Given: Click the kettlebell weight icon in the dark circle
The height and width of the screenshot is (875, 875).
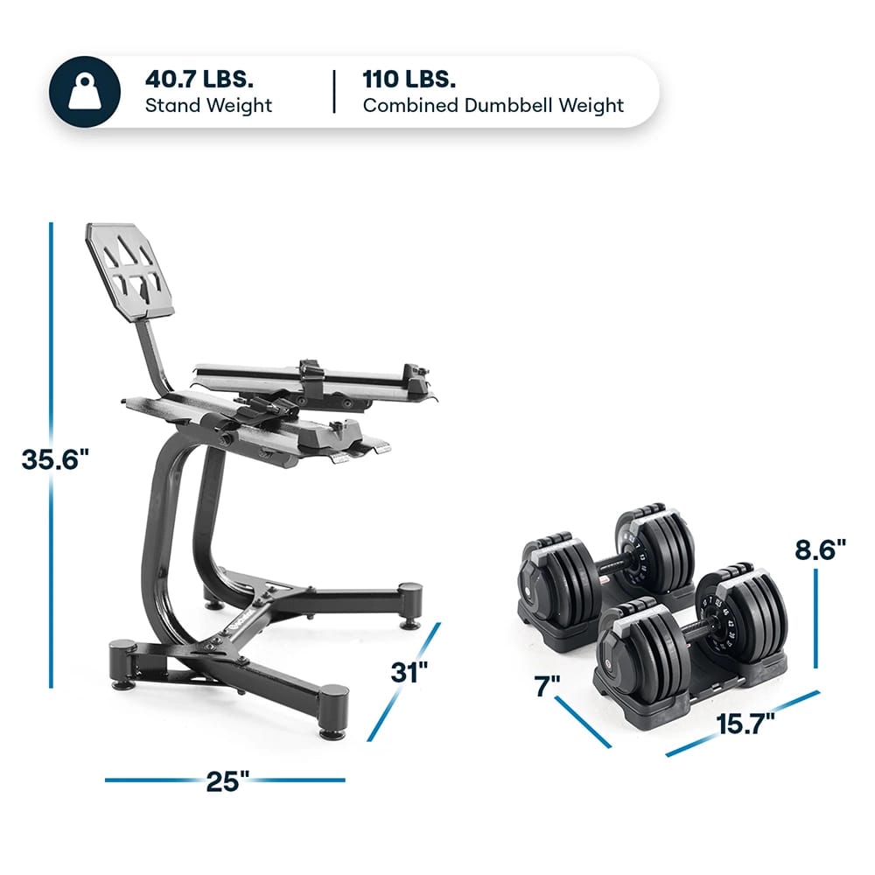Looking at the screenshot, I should click(85, 91).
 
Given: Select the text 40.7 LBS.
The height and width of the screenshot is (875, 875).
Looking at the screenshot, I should click(199, 78).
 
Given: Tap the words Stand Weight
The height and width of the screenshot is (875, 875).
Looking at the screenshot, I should click(208, 106).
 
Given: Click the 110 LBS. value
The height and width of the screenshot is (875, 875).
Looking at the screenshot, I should click(409, 78).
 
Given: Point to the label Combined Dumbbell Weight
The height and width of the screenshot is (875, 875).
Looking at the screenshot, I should click(493, 106).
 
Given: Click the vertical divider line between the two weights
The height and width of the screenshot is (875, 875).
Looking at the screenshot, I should click(333, 91).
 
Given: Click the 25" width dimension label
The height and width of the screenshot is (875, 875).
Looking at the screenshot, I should click(225, 780).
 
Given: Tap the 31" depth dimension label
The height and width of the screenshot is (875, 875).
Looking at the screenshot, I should click(409, 674).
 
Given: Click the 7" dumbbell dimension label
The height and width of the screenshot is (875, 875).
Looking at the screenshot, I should click(549, 688).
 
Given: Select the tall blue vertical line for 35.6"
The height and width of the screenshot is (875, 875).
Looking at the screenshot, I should click(52, 350).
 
